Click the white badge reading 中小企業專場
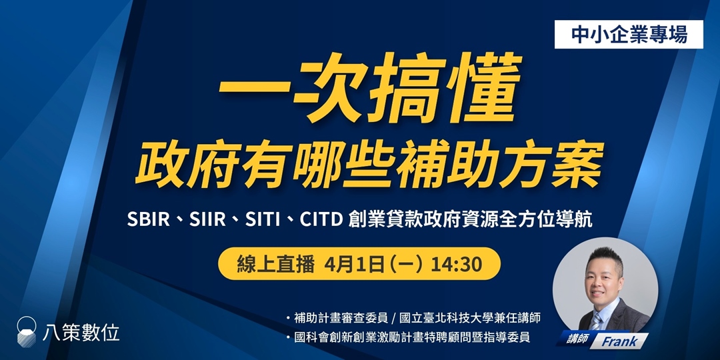tap(629, 35)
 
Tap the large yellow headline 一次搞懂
tap(369, 97)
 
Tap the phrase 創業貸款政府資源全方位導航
tap(470, 219)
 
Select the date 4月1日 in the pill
tap(356, 264)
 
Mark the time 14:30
tap(456, 264)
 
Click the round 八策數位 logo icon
tap(27, 331)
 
